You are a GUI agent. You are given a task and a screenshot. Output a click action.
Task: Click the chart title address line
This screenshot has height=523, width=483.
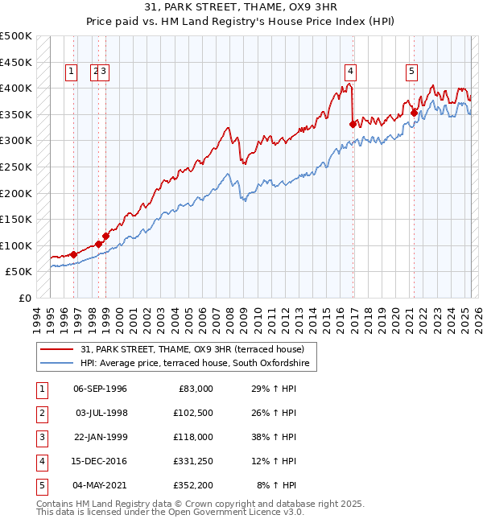pyautogui.click(x=242, y=8)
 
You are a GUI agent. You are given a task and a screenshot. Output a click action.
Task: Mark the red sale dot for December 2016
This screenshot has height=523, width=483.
pyautogui.click(x=353, y=124)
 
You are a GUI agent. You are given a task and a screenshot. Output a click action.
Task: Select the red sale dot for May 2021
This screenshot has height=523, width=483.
pyautogui.click(x=414, y=113)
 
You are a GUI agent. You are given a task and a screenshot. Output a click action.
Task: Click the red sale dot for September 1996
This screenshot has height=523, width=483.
pyautogui.click(x=73, y=254)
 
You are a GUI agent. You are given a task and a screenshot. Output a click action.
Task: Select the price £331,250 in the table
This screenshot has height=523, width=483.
pyautogui.click(x=191, y=461)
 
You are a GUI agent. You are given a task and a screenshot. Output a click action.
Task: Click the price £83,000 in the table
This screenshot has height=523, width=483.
pyautogui.click(x=194, y=389)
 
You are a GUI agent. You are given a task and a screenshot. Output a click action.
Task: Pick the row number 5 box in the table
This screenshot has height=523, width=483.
pyautogui.click(x=40, y=485)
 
